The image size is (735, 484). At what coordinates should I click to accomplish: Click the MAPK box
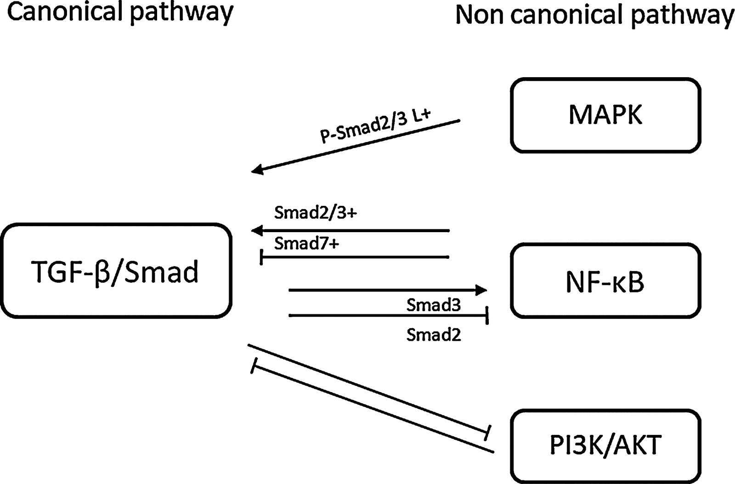[605, 115]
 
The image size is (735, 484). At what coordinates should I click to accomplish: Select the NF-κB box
[605, 281]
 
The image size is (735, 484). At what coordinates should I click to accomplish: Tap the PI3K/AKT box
[605, 445]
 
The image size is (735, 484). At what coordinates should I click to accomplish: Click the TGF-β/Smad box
[116, 271]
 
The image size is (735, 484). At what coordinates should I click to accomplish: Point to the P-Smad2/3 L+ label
[375, 126]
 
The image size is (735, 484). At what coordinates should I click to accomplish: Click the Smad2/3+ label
[315, 213]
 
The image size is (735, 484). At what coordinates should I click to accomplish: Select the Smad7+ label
[306, 243]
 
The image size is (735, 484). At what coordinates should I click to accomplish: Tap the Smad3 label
[433, 305]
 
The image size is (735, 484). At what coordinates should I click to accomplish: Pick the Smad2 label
[433, 335]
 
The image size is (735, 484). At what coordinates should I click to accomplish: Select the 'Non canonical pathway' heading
[594, 15]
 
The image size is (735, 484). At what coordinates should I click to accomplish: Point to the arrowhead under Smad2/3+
[257, 230]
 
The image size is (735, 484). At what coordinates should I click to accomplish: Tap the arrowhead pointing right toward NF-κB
[481, 290]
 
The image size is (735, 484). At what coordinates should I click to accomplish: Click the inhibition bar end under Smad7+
[261, 257]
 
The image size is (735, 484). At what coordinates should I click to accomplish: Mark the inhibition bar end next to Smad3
[487, 316]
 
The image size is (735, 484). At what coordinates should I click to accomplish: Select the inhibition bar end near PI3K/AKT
[488, 433]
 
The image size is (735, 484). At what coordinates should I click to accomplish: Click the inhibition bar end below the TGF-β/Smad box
[253, 366]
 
